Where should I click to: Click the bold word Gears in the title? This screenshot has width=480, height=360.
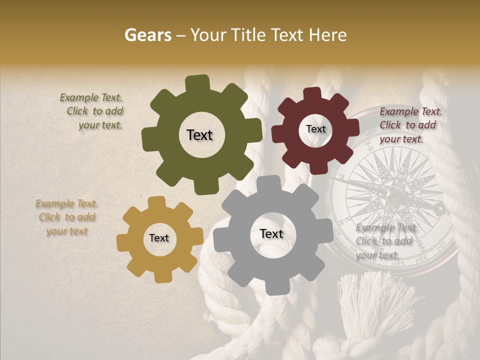tap(147, 35)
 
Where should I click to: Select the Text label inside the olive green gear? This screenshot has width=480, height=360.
tap(199, 135)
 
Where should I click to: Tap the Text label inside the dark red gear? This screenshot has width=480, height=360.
tap(315, 129)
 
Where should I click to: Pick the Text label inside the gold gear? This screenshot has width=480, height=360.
tap(159, 238)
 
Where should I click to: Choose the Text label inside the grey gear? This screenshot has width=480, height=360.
tap(271, 234)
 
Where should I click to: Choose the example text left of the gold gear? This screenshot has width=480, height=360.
tap(66, 217)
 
